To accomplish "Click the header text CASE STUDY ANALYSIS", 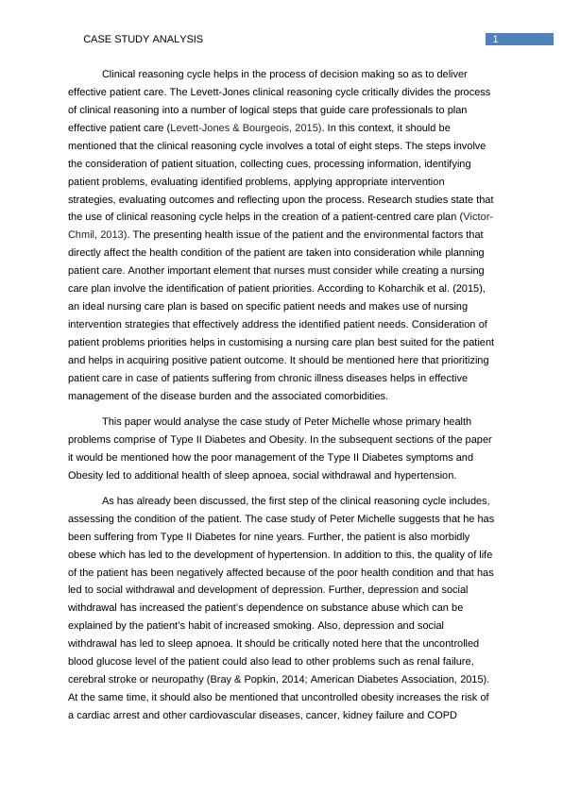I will (x=144, y=39).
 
